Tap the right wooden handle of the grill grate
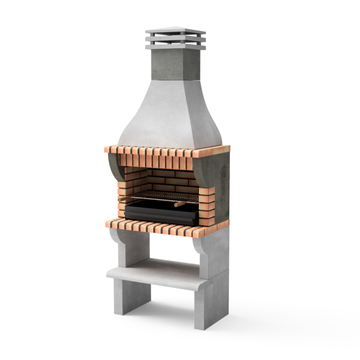click(179, 204)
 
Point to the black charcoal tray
click(161, 213)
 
